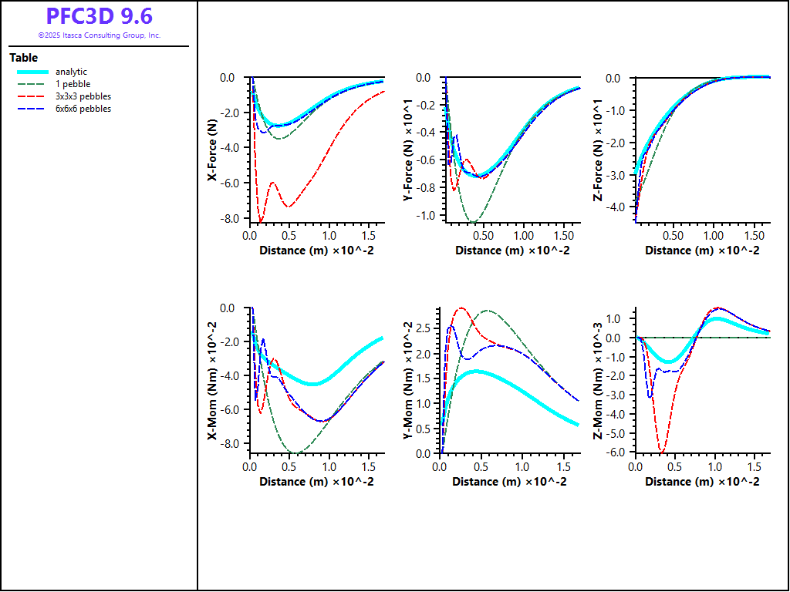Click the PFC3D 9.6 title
point(99,16)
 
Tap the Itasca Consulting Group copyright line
point(99,35)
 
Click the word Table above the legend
point(23,58)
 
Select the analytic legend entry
point(71,72)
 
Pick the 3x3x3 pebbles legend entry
point(83,96)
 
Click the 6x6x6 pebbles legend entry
point(83,109)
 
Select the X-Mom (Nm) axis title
point(211,393)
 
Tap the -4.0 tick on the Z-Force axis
point(616,207)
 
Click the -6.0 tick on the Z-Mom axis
point(617,452)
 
